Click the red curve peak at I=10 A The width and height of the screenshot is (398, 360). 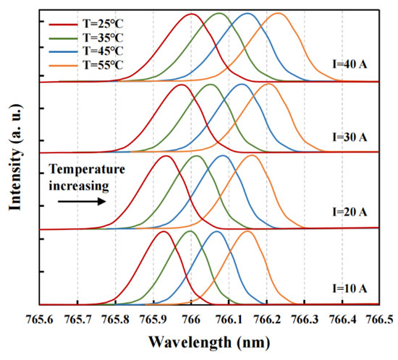[163, 231]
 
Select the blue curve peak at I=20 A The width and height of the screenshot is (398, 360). [223, 155]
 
